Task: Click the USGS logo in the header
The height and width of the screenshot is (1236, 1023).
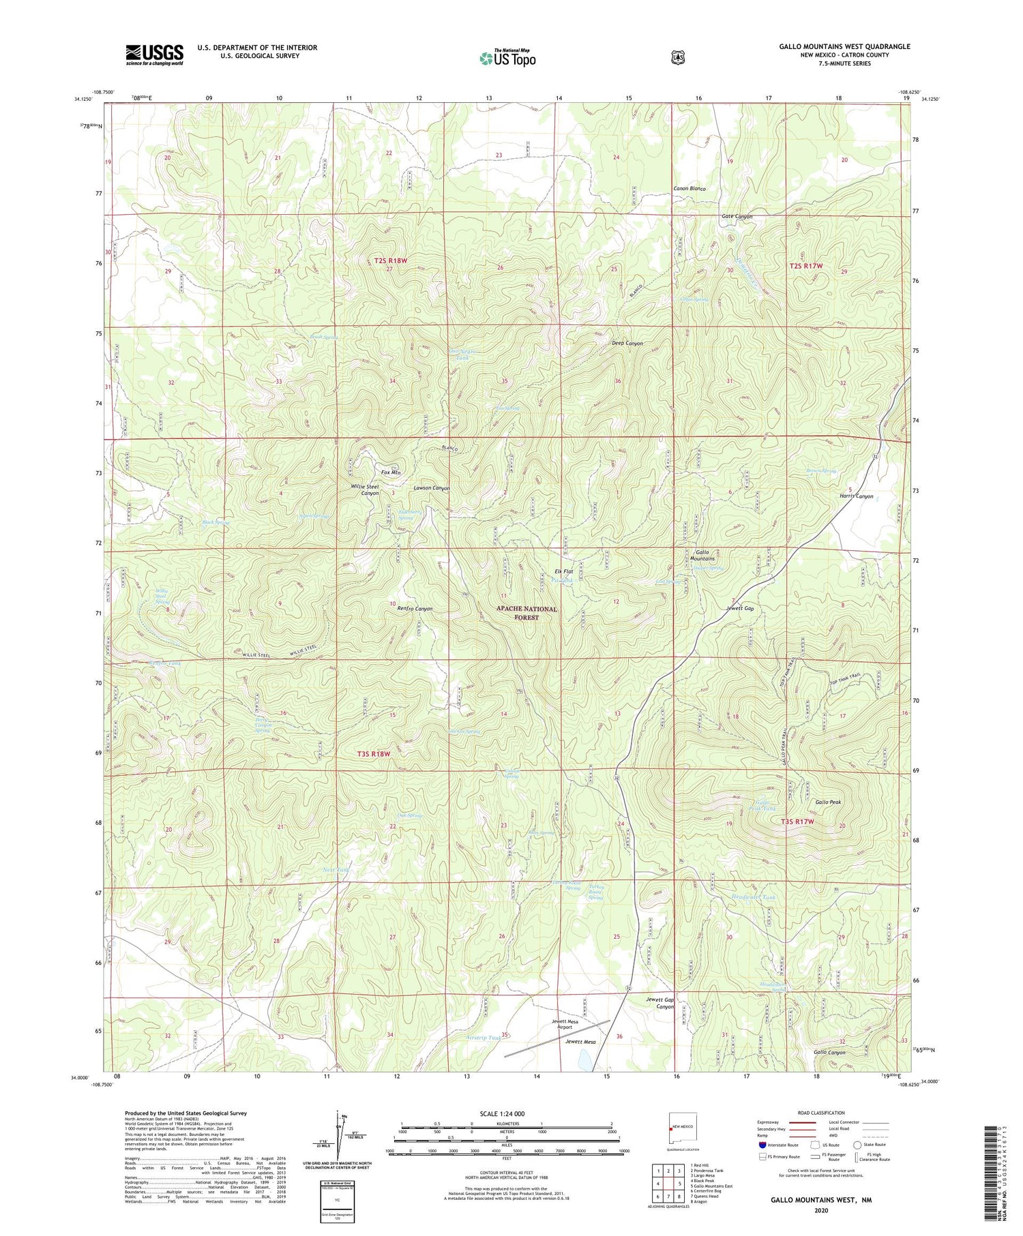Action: point(154,55)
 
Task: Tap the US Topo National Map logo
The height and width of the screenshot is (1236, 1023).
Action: point(507,57)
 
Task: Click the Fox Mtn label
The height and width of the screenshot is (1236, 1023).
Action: point(390,472)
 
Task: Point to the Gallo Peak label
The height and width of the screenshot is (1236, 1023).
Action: point(828,802)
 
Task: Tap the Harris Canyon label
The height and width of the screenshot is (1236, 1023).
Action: point(856,496)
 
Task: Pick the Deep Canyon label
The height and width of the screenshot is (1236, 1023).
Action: point(627,344)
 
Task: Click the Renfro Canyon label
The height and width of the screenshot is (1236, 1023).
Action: point(415,609)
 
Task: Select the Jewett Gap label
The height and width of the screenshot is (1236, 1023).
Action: point(740,608)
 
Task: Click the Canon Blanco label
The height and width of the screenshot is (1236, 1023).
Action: point(689,188)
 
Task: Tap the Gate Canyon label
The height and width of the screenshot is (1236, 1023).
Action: point(737,216)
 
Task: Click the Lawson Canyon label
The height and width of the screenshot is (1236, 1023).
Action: point(431,488)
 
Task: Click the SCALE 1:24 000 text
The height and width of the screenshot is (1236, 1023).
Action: point(506,1113)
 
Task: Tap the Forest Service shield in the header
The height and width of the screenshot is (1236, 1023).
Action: point(677,58)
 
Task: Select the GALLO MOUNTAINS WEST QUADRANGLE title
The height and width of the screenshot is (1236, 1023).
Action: point(844,46)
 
